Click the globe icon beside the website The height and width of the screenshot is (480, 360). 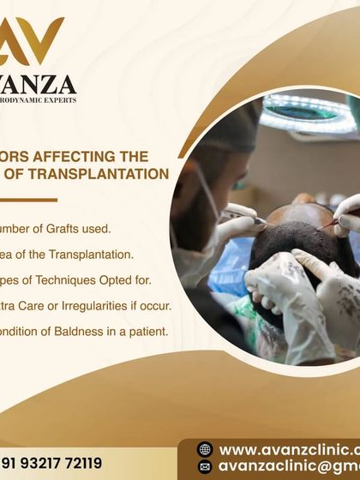pyautogui.click(x=204, y=449)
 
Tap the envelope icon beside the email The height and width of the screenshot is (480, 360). pyautogui.click(x=204, y=467)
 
